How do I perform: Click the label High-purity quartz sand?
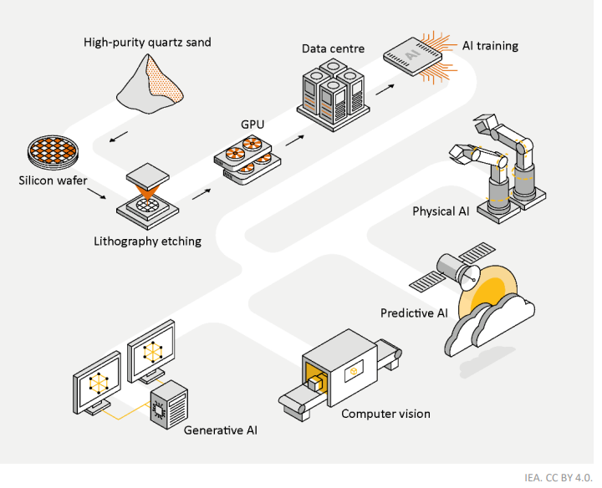[147, 42]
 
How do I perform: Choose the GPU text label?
[253, 124]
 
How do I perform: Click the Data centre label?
[333, 48]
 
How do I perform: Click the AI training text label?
[490, 45]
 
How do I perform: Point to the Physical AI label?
[440, 211]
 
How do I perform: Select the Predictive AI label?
[414, 313]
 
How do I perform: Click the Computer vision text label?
[385, 414]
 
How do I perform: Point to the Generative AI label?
[221, 430]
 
